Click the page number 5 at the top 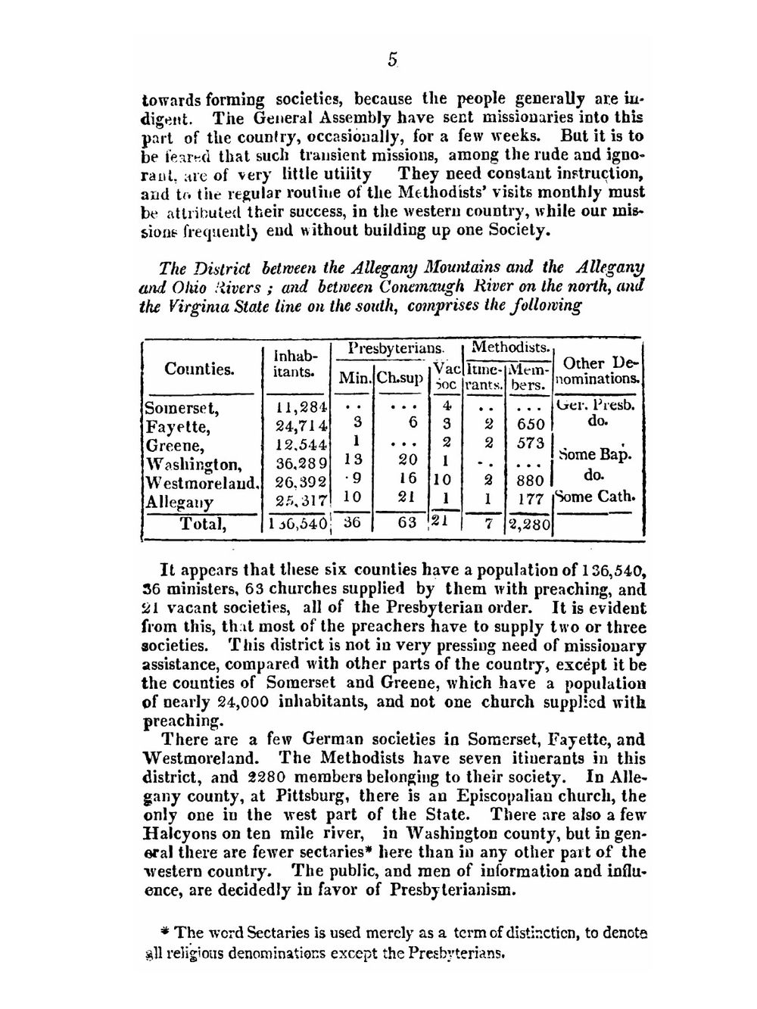tap(392, 60)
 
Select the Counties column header tap(199, 369)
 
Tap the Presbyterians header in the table tap(396, 348)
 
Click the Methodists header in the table tap(510, 347)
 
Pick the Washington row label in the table tap(194, 464)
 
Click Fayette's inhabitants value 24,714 tap(301, 426)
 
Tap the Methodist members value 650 tap(531, 425)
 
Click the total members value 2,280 tap(531, 523)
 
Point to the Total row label tap(202, 523)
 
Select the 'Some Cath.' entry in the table tap(596, 497)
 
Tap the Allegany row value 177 tap(531, 500)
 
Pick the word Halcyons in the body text tap(178, 833)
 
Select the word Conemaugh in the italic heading tap(422, 287)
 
